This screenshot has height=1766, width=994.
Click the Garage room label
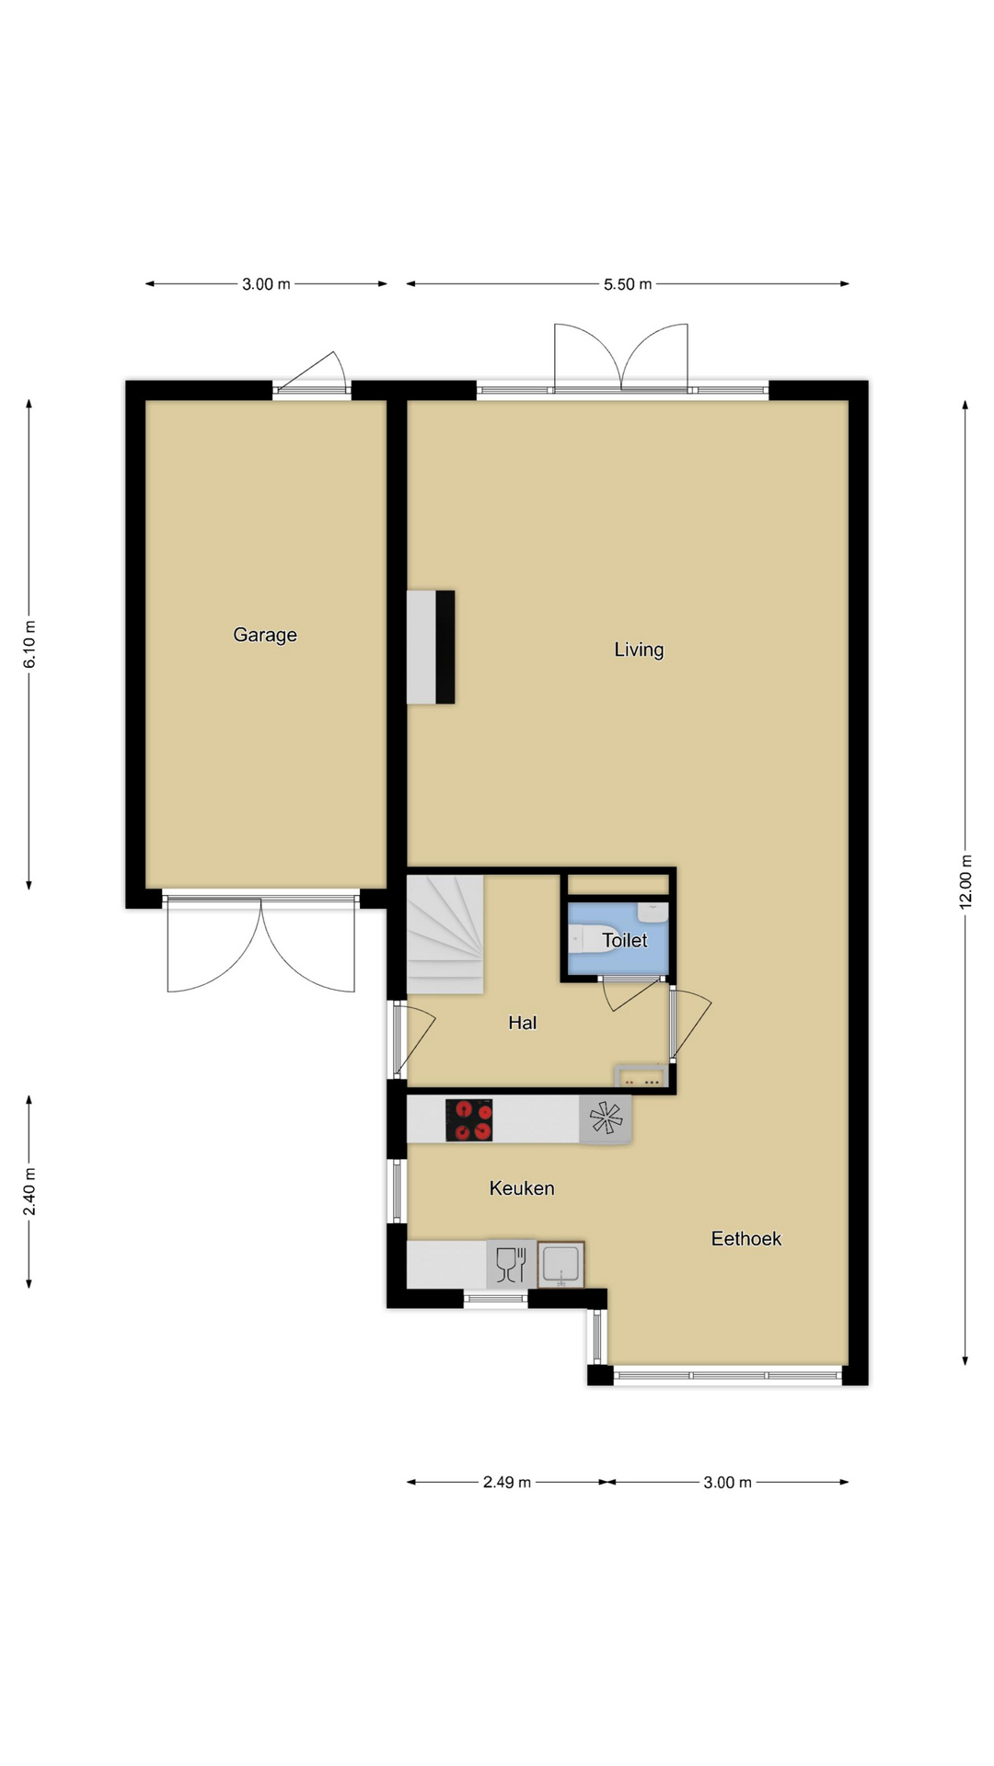265,635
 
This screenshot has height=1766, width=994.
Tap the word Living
639,649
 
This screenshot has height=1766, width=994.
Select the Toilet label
625,940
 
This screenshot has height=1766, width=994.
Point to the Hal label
522,1022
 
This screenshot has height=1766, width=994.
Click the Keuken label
522,1188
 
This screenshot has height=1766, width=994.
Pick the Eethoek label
746,1239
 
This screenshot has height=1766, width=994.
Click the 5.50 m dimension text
628,284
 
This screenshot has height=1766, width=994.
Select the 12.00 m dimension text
965,882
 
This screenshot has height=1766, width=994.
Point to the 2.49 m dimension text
507,1482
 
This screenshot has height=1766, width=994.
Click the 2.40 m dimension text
29,1191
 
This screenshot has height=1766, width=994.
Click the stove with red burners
469,1120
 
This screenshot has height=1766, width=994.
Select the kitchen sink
561,1264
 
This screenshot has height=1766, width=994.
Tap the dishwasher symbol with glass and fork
511,1264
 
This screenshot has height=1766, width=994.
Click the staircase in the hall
445,935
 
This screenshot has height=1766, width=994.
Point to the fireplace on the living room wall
431,648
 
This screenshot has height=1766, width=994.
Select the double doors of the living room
621,359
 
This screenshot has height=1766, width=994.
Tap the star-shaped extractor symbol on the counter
606,1119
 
